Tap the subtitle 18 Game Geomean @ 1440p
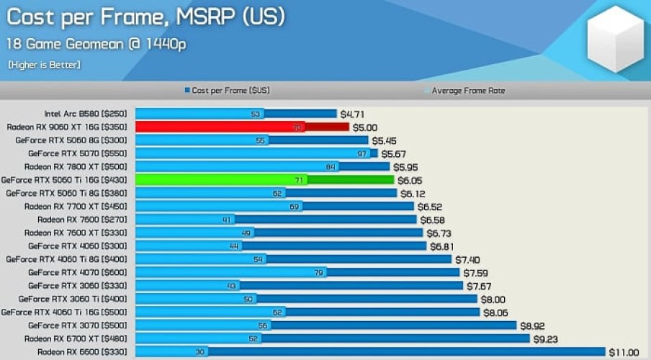point(96,44)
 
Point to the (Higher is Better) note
point(45,65)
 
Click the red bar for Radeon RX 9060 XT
point(242,127)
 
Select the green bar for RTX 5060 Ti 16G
point(264,180)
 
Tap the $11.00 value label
point(624,352)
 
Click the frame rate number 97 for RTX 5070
point(362,153)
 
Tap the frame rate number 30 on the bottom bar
point(199,352)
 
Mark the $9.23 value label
point(546,338)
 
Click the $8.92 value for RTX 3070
point(534,325)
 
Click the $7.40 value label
point(467,259)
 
